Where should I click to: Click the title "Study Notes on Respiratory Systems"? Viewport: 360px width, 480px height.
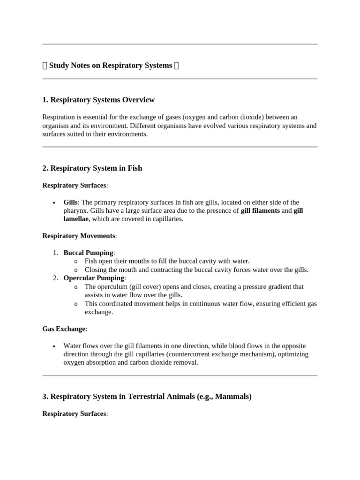110,66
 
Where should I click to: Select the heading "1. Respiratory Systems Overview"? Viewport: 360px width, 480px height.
98,100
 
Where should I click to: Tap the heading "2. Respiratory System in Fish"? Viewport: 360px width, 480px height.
92,168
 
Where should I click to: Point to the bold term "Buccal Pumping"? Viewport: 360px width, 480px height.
88,253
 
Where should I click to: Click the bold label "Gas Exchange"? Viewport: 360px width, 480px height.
64,329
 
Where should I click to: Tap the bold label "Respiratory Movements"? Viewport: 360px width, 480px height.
79,236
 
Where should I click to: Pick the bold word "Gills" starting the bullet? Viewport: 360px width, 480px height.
71,202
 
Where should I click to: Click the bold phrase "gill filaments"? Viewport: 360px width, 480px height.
260,211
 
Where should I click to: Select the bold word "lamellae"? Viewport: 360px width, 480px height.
76,219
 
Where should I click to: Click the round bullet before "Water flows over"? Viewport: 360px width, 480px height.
53,346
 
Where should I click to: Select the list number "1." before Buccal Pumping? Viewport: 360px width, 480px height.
55,253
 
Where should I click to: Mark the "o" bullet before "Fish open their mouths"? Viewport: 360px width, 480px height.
76,261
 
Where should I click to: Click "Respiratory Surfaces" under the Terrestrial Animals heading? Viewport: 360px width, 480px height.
74,414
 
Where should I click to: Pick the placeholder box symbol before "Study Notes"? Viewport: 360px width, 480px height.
45,66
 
